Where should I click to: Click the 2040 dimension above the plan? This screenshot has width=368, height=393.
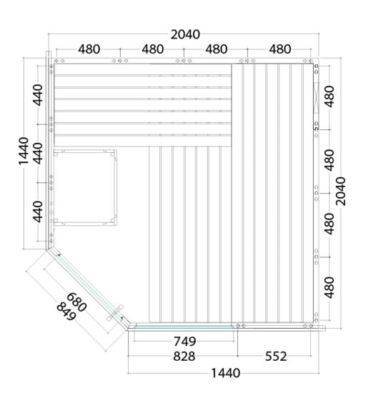[185, 34]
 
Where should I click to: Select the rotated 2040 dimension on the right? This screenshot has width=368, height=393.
[340, 191]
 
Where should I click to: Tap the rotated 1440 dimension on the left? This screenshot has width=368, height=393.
[24, 151]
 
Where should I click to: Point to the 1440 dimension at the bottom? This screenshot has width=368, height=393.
[226, 373]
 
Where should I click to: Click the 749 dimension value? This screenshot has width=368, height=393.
[185, 341]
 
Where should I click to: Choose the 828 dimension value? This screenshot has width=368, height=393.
[184, 356]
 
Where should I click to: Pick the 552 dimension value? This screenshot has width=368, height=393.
[276, 356]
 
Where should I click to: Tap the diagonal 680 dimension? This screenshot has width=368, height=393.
[76, 302]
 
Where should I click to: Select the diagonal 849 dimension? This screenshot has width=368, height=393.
[66, 312]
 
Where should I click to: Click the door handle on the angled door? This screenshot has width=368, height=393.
[115, 312]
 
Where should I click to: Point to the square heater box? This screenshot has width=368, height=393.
[85, 187]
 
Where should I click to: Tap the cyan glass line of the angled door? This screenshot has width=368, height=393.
[90, 287]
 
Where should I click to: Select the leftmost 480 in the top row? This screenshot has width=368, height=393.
[89, 49]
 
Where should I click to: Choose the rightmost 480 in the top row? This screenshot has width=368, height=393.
[280, 49]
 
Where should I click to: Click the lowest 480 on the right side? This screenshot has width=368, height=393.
[329, 288]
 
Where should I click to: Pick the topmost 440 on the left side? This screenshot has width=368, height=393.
[38, 95]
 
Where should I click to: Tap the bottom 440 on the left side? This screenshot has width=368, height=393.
[38, 212]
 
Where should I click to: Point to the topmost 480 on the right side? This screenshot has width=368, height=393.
[329, 96]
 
